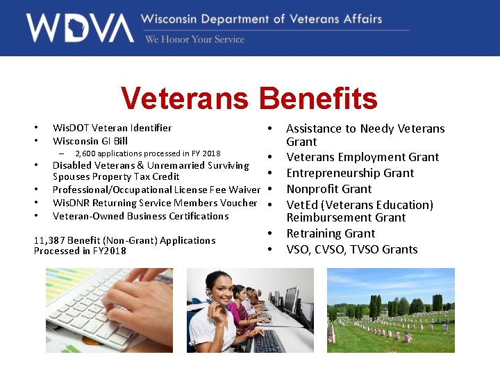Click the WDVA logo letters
click(x=80, y=28)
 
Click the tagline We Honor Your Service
click(x=194, y=40)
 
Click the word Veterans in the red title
click(x=184, y=99)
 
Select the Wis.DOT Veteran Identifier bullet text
click(x=112, y=128)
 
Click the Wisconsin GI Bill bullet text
click(x=90, y=141)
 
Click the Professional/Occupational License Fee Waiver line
click(x=156, y=190)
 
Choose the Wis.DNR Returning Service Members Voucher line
click(x=155, y=203)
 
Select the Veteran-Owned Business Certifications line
click(x=140, y=216)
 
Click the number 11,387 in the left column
click(x=51, y=240)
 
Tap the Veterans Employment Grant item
click(x=362, y=157)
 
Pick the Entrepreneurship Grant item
click(x=350, y=173)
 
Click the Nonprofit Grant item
click(x=328, y=189)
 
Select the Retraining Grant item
click(x=331, y=233)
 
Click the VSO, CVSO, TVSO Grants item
click(x=352, y=249)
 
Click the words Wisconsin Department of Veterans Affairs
click(x=261, y=19)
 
